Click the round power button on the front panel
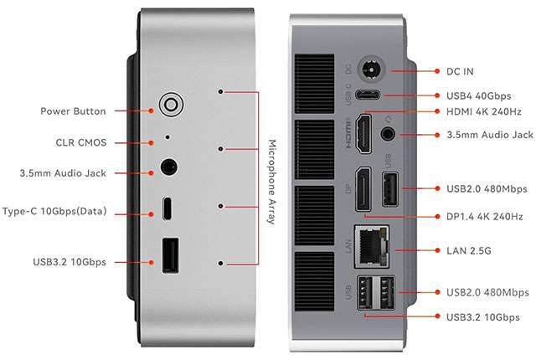point(171,105)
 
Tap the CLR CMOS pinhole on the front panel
point(167,136)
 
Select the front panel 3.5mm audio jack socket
point(168,166)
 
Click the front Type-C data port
point(168,207)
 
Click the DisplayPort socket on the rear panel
point(363,191)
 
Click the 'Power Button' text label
point(73,111)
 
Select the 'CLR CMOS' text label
point(76,142)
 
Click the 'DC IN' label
point(461,71)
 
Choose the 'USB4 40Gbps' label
point(480,97)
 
